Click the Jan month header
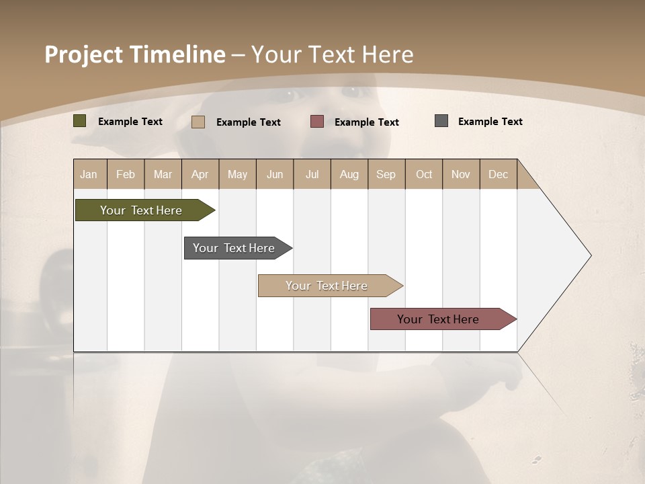coord(89,174)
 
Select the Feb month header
coord(126,174)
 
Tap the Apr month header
coord(200,174)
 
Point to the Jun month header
coord(275,174)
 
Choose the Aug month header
coord(349,174)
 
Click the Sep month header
coord(386,174)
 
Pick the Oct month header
coord(424,174)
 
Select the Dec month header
coord(499,174)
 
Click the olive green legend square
coord(80,121)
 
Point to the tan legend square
coord(198,122)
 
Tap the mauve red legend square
coord(317,122)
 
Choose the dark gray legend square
coord(441,121)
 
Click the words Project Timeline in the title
coord(134,54)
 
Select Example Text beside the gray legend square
coord(490,122)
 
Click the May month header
coord(237,174)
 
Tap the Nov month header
coord(461,174)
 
